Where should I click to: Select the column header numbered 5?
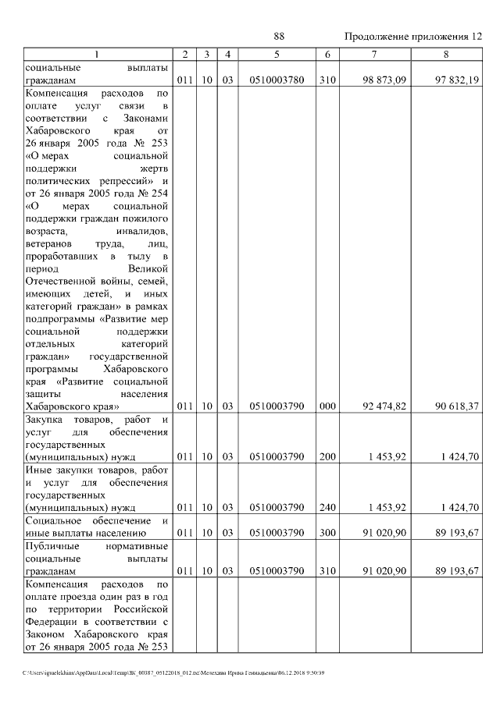coord(277,54)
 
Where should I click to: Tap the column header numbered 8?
coord(446,54)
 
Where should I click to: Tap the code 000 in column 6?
coord(327,406)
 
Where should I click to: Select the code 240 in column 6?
coord(327,508)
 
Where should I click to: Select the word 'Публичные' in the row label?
coord(52,546)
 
